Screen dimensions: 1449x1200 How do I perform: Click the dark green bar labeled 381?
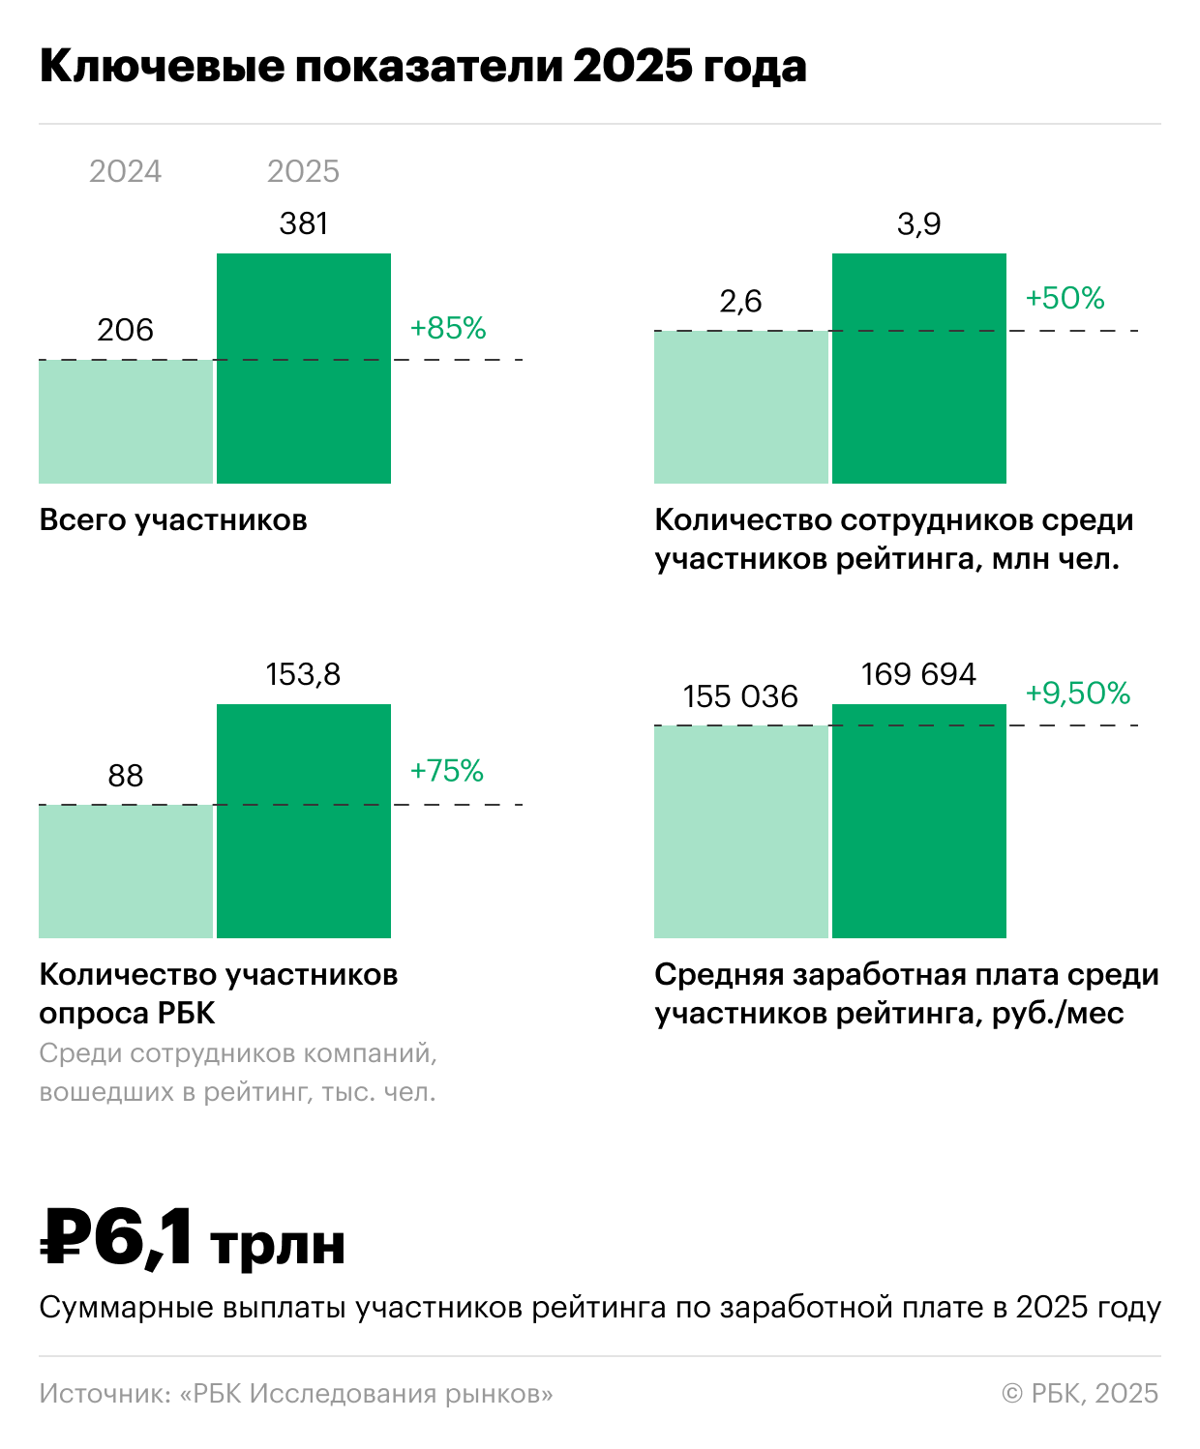click(304, 368)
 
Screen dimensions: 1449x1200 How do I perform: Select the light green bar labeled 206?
click(126, 422)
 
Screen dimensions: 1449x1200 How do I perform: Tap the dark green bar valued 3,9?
click(919, 368)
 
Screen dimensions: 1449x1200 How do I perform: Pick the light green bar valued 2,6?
click(741, 406)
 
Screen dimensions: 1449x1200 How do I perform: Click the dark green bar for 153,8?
click(304, 820)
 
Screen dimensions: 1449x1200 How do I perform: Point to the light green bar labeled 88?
click(126, 871)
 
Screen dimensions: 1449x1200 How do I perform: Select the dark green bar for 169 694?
click(919, 820)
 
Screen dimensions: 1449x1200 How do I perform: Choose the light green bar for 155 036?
click(741, 832)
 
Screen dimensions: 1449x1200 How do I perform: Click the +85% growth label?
click(448, 329)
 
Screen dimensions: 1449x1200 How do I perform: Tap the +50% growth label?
click(1065, 298)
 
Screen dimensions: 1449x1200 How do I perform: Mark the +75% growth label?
click(447, 771)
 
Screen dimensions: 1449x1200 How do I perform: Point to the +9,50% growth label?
click(1078, 694)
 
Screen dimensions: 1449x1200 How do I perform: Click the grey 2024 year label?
click(125, 171)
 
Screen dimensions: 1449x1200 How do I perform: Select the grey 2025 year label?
click(303, 171)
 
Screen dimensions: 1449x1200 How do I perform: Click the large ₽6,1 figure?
click(116, 1237)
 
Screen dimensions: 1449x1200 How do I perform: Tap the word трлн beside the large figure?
click(278, 1245)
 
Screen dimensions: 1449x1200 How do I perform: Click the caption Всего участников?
click(173, 520)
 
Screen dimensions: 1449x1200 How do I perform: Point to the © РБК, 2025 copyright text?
click(1080, 1394)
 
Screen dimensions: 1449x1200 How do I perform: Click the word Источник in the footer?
click(103, 1394)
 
